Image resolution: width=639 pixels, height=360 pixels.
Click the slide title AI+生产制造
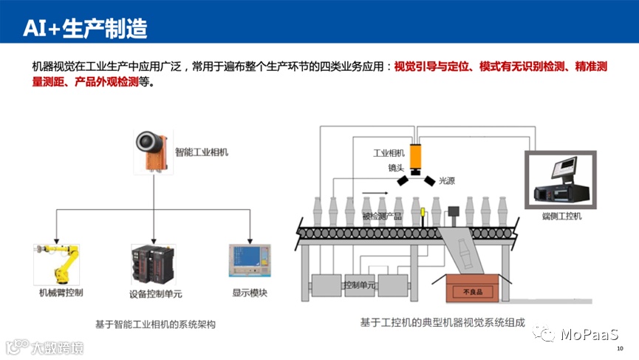pos(85,29)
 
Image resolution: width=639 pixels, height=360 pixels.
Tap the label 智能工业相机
pos(202,152)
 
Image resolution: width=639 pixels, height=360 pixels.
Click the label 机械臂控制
pos(61,293)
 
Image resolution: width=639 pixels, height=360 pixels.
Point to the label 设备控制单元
pos(152,293)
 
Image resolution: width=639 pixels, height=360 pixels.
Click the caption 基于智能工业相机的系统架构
pos(155,324)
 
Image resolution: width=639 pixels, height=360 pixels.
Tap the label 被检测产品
pos(382,217)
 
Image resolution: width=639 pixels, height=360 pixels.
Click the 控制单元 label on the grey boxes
pos(360,285)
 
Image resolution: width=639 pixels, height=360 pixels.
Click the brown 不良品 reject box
pos(472,288)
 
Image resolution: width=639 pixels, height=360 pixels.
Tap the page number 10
pos(619,348)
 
